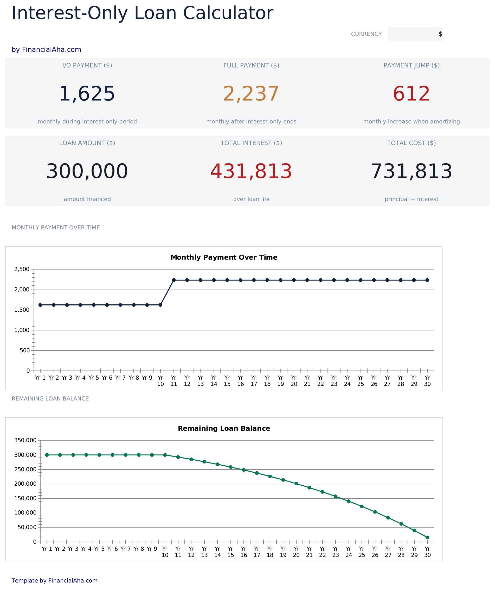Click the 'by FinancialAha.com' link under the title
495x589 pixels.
(x=46, y=49)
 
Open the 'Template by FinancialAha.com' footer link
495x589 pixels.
(x=54, y=580)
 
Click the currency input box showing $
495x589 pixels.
(x=415, y=34)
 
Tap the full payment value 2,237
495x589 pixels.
(x=251, y=94)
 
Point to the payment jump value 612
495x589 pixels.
(x=412, y=94)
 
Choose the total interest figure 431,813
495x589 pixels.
(x=251, y=171)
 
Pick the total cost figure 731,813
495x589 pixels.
(x=412, y=171)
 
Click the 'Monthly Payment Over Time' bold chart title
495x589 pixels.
(x=224, y=257)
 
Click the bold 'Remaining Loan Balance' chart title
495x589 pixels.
(x=224, y=428)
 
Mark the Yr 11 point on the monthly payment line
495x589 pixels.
(x=174, y=280)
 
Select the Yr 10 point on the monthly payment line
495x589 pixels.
(x=160, y=305)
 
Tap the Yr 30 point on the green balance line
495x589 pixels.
(x=427, y=538)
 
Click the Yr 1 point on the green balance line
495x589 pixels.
(x=47, y=455)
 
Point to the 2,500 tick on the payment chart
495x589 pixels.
(x=22, y=269)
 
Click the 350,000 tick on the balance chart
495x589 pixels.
(x=25, y=440)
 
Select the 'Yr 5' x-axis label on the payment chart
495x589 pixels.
(x=94, y=378)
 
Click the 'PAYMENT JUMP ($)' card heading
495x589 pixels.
(x=412, y=65)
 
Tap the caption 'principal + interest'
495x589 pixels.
(x=412, y=199)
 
